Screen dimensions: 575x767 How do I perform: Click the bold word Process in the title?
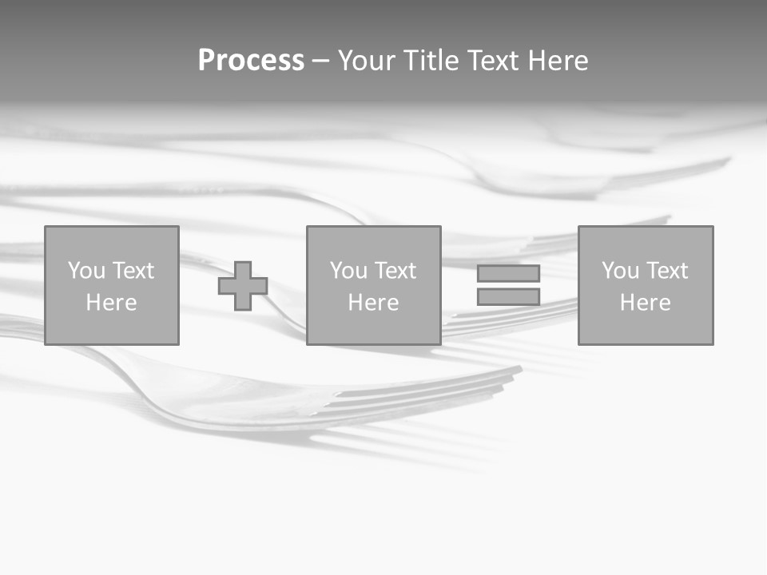tap(251, 61)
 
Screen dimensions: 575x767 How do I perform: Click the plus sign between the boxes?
tap(243, 286)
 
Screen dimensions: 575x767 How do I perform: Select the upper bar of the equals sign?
tap(508, 273)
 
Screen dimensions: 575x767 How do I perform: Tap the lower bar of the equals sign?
tap(508, 297)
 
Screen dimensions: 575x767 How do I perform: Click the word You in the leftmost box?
tap(86, 271)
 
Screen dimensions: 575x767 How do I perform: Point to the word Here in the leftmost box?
tap(111, 303)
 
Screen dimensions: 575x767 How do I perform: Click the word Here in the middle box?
tap(373, 303)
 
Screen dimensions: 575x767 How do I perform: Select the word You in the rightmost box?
tap(620, 271)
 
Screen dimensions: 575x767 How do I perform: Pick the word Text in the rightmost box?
tap(668, 271)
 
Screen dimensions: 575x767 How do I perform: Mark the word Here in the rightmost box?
tap(645, 303)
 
